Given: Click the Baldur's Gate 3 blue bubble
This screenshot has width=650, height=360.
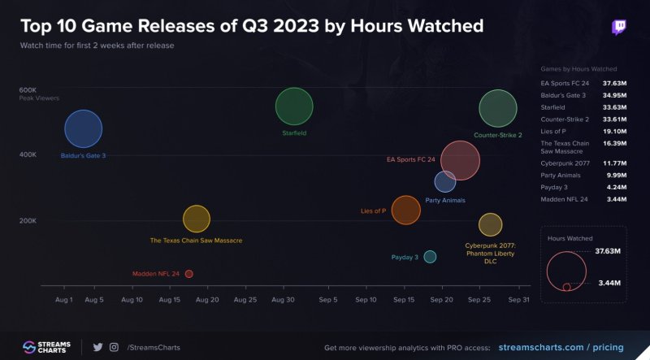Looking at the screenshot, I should click(x=83, y=130).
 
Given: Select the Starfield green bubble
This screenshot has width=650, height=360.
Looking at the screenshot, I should click(x=294, y=106).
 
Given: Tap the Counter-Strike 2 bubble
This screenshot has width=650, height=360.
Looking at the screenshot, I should click(x=498, y=109).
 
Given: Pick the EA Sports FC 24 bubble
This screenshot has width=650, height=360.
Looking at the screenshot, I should click(x=460, y=160).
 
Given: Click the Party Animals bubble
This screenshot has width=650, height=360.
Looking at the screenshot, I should click(x=444, y=182).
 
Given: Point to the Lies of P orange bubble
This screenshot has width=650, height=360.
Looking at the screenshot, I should click(x=405, y=210).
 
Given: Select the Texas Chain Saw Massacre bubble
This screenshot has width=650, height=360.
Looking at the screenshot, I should click(x=197, y=219).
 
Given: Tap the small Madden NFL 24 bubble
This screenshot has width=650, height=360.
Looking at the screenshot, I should click(x=189, y=274).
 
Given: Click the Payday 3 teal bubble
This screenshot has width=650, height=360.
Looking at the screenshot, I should click(x=430, y=257).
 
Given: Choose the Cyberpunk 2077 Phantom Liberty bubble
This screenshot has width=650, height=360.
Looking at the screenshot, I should click(x=490, y=224).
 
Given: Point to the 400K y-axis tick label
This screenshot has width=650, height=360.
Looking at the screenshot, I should click(x=28, y=154).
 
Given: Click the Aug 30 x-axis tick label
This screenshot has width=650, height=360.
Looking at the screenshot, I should click(x=284, y=299).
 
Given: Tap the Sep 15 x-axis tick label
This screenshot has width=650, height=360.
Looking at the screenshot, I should click(x=404, y=299).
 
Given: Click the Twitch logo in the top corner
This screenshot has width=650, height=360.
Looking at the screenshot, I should click(x=620, y=27).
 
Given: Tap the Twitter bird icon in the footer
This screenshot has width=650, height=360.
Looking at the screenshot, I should click(x=97, y=347).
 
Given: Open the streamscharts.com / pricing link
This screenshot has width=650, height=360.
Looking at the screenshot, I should click(x=560, y=347).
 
